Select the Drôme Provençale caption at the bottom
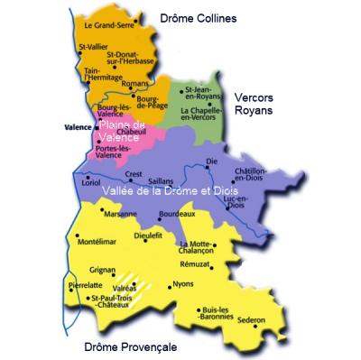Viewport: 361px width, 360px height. (x=130, y=346)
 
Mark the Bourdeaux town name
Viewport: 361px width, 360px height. (x=176, y=214)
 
